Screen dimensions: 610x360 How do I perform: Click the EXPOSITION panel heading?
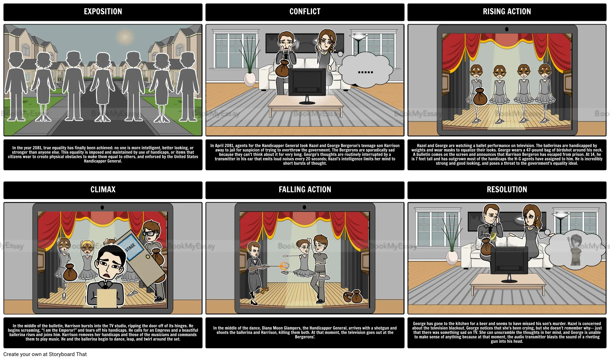[x=103, y=12]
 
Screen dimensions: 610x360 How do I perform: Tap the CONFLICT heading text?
[x=305, y=12]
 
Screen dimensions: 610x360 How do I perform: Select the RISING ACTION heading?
[x=507, y=12]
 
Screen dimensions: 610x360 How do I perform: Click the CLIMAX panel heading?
[x=103, y=190]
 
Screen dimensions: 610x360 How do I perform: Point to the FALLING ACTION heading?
[x=305, y=190]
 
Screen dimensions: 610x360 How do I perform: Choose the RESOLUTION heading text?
[x=507, y=190]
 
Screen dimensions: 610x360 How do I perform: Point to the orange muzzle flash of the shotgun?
[x=283, y=266]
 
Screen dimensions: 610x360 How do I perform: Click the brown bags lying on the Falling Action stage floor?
[x=352, y=296]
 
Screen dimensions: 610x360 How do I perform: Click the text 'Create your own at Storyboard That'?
[x=45, y=354]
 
